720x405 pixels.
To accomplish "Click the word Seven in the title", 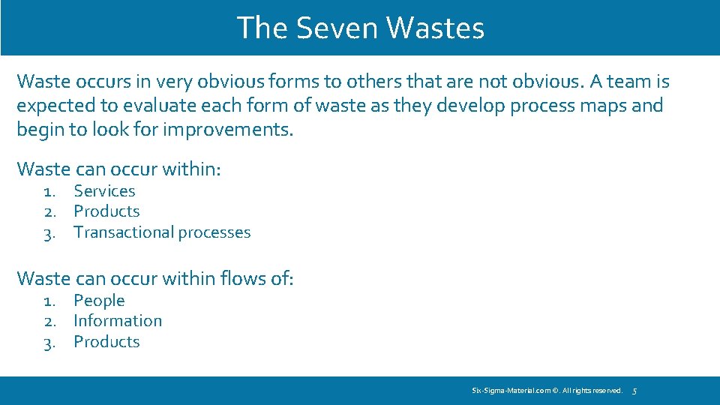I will (x=337, y=28).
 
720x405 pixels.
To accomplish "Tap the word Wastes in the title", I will (x=435, y=28).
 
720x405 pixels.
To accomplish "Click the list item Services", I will (x=104, y=191).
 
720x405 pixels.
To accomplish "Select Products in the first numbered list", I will (x=106, y=211).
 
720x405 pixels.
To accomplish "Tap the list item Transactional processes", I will (x=162, y=232).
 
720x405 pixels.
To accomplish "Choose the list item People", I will (x=99, y=301).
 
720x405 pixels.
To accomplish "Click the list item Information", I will (x=118, y=321).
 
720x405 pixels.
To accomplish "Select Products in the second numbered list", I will (x=106, y=342).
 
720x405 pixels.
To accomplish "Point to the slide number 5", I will (x=634, y=391).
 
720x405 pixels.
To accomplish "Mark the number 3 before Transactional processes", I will (x=48, y=233).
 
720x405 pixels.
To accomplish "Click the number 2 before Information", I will (x=48, y=321).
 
